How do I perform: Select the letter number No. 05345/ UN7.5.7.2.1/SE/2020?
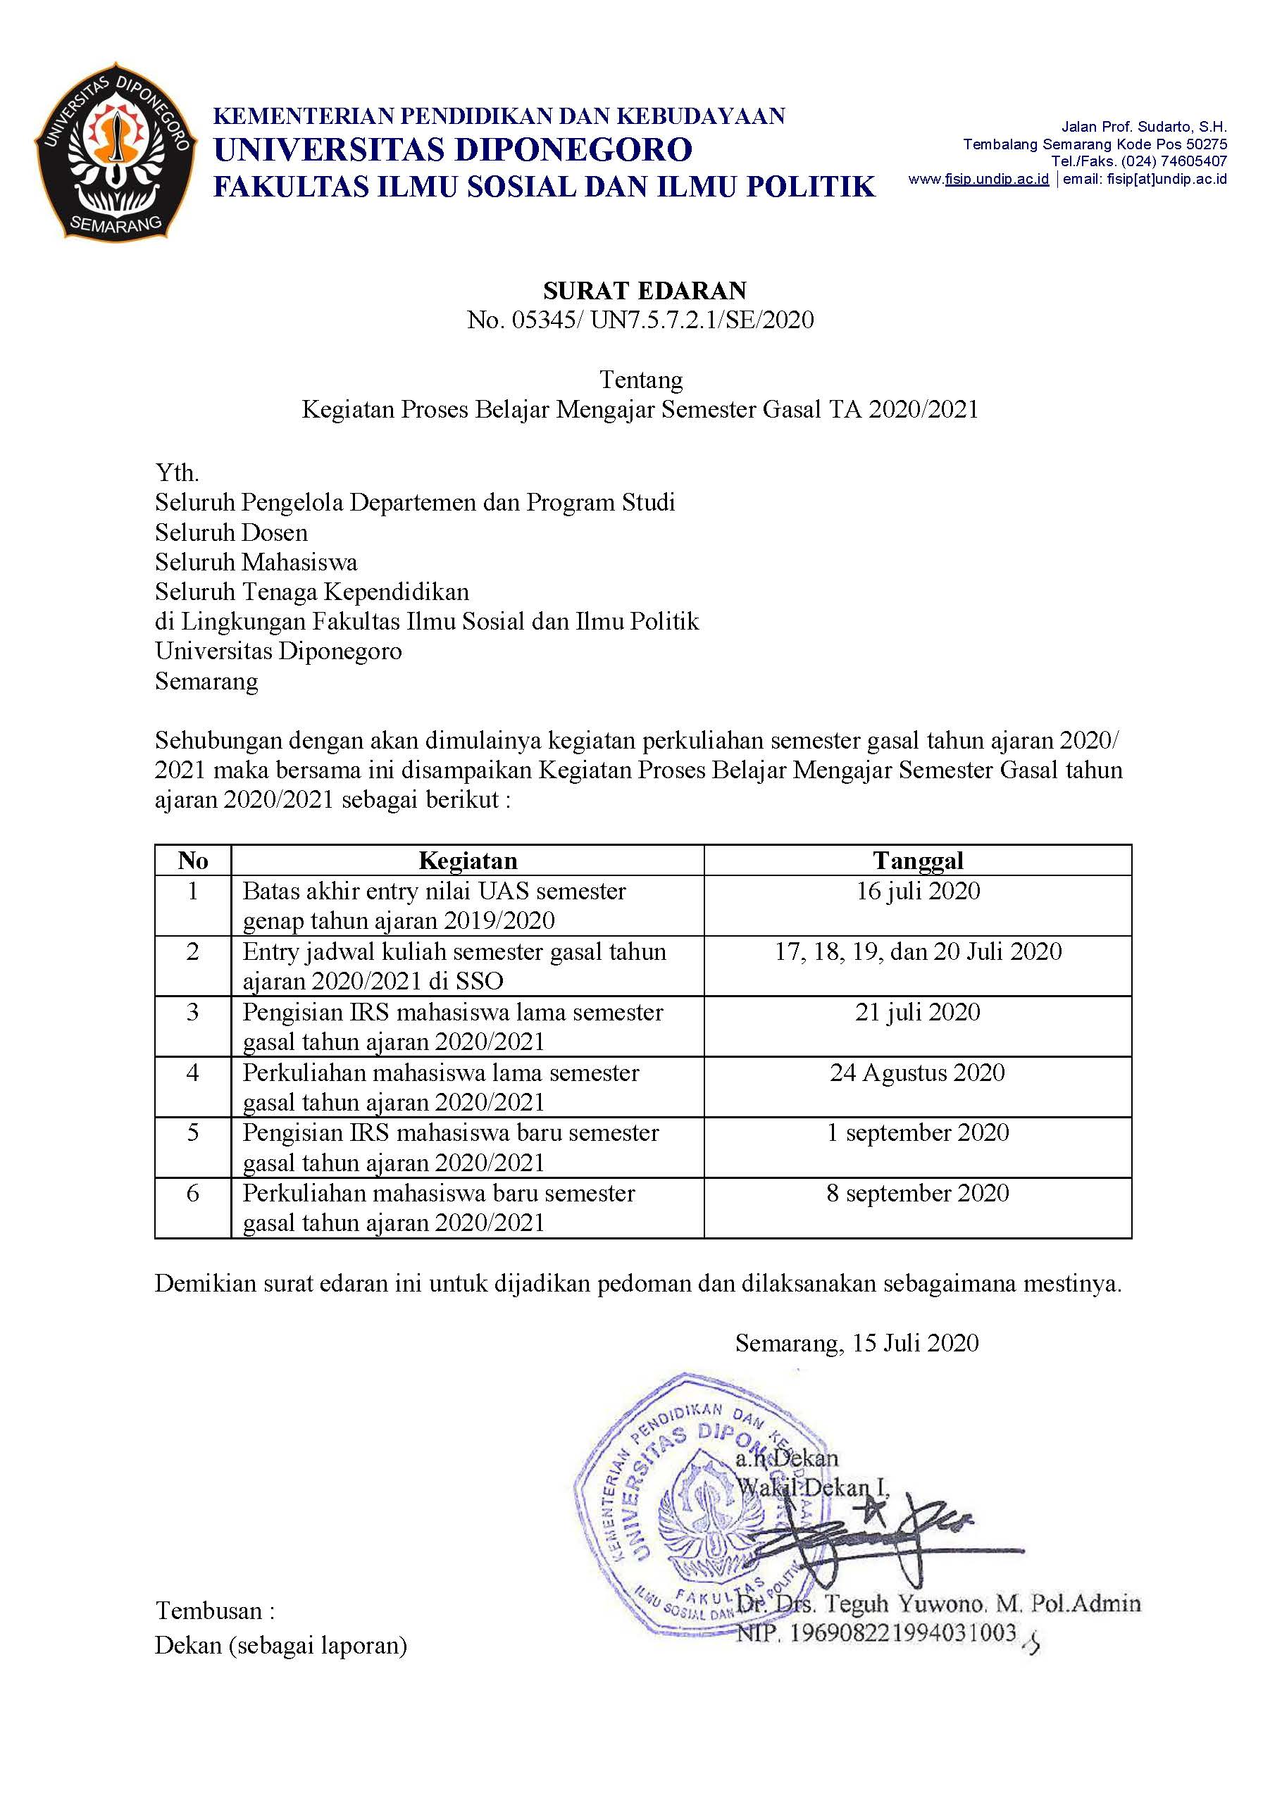coord(640,320)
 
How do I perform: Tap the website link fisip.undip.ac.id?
coord(996,179)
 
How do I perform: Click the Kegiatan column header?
coord(467,861)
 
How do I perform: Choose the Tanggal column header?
coord(917,861)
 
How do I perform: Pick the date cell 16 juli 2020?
coord(917,891)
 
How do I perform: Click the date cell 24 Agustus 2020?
coord(917,1073)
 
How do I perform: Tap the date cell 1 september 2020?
coord(917,1132)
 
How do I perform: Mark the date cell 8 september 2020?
coord(917,1193)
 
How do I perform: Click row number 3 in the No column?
coord(192,1013)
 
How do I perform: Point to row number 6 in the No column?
coord(192,1193)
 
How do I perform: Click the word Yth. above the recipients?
coord(177,473)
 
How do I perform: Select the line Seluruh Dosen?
coord(231,532)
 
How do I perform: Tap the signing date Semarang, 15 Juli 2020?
coord(857,1343)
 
